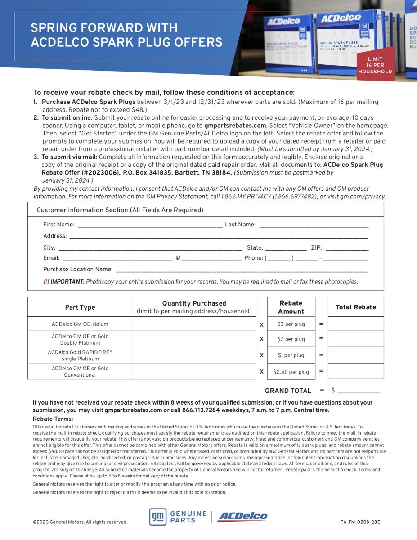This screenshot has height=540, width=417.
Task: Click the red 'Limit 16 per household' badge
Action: [x=375, y=65]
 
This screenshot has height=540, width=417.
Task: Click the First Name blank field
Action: [x=150, y=224]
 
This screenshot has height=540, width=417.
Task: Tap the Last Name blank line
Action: [x=314, y=224]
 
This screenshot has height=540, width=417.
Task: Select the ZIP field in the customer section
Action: [x=347, y=247]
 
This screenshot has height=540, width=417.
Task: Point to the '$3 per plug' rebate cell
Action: [x=291, y=324]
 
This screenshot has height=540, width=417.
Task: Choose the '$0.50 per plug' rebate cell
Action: [x=291, y=372]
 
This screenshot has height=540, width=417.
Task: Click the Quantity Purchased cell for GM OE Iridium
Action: [x=194, y=324]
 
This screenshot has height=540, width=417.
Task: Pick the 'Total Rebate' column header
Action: [x=355, y=307]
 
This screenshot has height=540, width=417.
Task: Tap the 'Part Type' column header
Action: [x=80, y=307]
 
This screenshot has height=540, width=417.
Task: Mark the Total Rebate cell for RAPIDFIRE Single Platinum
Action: [x=355, y=355]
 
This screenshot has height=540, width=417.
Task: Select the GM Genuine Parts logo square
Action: [x=158, y=517]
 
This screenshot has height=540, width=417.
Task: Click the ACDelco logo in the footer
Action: [x=242, y=517]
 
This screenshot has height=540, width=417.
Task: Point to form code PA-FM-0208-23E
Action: [x=360, y=522]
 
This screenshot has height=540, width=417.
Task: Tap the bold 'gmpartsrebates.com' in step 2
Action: [x=235, y=126]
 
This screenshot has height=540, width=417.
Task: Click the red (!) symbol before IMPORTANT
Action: [x=46, y=282]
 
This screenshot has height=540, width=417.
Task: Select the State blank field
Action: [x=286, y=247]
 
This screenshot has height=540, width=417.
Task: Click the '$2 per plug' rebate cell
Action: [x=291, y=339]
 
